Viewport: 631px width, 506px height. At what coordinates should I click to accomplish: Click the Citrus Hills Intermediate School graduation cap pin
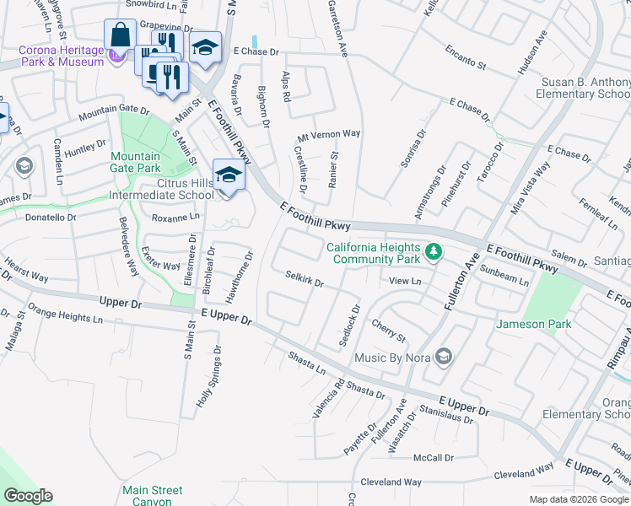point(228,175)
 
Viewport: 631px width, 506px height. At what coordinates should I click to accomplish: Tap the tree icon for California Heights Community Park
point(433,252)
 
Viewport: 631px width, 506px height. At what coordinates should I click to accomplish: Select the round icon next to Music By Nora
point(443,358)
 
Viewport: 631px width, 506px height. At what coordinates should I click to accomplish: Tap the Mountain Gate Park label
point(136,163)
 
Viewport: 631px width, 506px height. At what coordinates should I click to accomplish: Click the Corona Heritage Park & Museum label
point(62,56)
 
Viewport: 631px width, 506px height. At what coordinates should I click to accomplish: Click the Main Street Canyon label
point(152,495)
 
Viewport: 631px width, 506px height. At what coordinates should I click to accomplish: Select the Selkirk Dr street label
point(305,278)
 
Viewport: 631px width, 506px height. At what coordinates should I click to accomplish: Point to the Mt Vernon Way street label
point(328,134)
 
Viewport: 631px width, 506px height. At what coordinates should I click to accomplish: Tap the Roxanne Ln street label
point(175,217)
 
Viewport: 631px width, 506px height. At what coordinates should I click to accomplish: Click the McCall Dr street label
point(434,458)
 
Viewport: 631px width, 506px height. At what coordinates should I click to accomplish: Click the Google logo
point(28,496)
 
